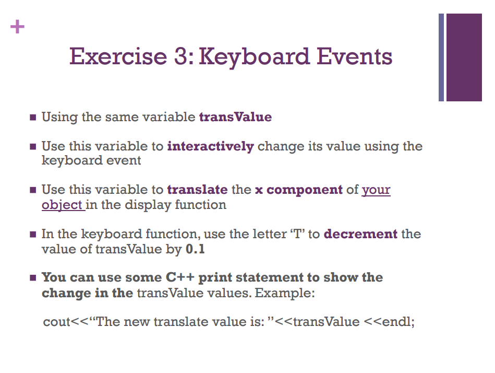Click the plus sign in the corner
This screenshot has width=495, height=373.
[x=17, y=26]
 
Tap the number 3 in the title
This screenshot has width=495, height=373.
[x=180, y=56]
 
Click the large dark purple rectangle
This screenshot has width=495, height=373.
[x=464, y=57]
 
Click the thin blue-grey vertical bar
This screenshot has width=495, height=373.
[x=441, y=57]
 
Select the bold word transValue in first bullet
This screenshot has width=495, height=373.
[x=235, y=117]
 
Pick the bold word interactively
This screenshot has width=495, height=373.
[x=210, y=146]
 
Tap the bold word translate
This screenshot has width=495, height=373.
[x=197, y=190]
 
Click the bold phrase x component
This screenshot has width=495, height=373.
[x=298, y=190]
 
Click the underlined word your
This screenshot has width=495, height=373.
[x=376, y=190]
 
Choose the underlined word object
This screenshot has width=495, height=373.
[x=62, y=204]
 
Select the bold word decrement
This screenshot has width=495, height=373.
[x=360, y=234]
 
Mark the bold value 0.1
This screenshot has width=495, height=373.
[x=195, y=249]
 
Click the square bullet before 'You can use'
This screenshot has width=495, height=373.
[x=33, y=277]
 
